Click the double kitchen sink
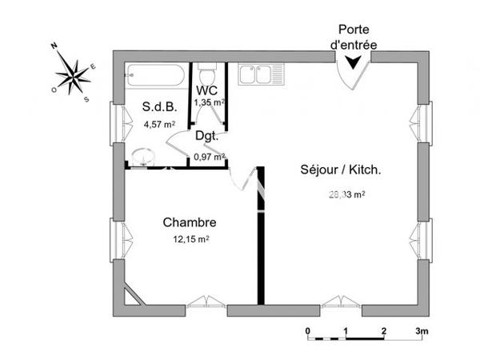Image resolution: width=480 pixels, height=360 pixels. (x=257, y=74)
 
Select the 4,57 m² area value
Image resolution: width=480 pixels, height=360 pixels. (x=159, y=124)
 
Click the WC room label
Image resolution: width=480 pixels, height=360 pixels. (x=208, y=89)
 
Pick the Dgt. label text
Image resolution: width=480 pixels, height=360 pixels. (x=208, y=136)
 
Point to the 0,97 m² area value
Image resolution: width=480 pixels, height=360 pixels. (x=210, y=157)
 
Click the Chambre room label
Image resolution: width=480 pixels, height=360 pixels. (x=190, y=222)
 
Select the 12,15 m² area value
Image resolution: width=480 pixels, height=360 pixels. (x=190, y=238)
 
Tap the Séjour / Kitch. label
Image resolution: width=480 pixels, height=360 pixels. (x=340, y=170)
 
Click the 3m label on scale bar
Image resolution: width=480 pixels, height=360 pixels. (x=422, y=330)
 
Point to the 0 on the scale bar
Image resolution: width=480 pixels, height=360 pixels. (x=307, y=330)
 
